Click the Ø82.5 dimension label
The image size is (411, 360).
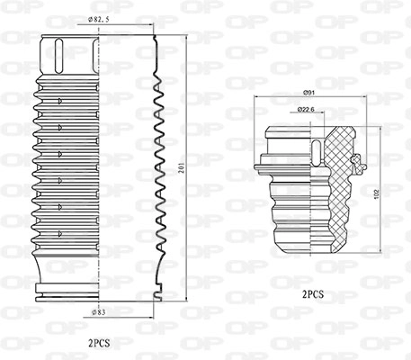click(x=99, y=20)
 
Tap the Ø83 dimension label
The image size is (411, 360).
click(x=99, y=312)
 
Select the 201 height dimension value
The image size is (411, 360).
click(x=181, y=168)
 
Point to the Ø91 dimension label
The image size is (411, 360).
click(x=308, y=93)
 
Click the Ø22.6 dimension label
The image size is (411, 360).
click(x=306, y=110)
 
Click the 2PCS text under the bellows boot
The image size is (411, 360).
click(x=99, y=343)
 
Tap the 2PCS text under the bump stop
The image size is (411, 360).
click(x=313, y=294)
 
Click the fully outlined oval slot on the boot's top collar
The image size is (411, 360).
click(x=59, y=56)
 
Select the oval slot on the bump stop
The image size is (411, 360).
click(x=317, y=153)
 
